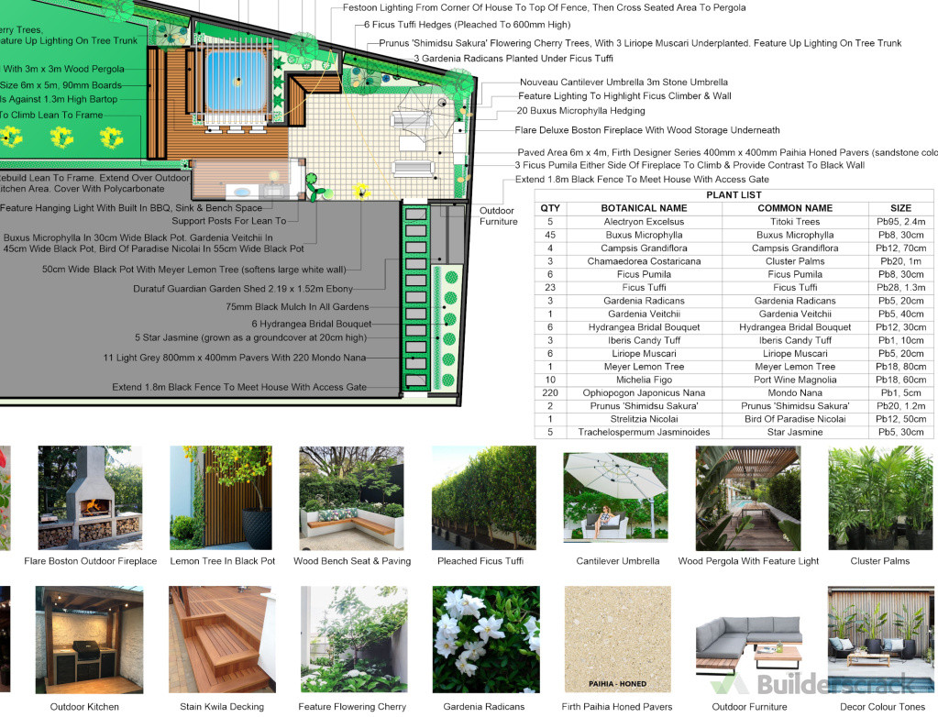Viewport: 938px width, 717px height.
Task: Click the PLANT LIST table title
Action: click(x=734, y=195)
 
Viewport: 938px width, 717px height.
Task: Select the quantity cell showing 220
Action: click(x=550, y=392)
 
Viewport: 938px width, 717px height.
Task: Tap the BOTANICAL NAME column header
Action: click(x=644, y=208)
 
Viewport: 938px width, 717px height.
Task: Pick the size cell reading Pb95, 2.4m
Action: click(x=900, y=222)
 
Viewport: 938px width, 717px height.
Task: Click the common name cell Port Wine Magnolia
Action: click(x=794, y=380)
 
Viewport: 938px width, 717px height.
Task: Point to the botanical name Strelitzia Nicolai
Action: click(x=644, y=419)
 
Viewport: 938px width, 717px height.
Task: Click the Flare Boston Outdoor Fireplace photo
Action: click(x=90, y=498)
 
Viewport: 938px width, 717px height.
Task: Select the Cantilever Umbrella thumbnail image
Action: click(x=615, y=498)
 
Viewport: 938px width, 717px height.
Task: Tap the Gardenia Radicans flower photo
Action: click(x=485, y=639)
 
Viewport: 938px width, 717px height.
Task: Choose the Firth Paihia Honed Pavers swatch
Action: click(x=616, y=639)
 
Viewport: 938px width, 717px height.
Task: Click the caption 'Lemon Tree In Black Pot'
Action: click(x=222, y=561)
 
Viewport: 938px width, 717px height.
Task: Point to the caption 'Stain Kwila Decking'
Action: click(x=221, y=707)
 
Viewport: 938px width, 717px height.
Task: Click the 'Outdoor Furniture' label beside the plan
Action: click(x=498, y=216)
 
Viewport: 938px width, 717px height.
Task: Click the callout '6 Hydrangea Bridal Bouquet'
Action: click(x=311, y=324)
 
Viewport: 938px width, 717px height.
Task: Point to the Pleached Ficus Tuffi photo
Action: click(x=483, y=498)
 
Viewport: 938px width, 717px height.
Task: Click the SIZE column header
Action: click(x=900, y=208)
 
